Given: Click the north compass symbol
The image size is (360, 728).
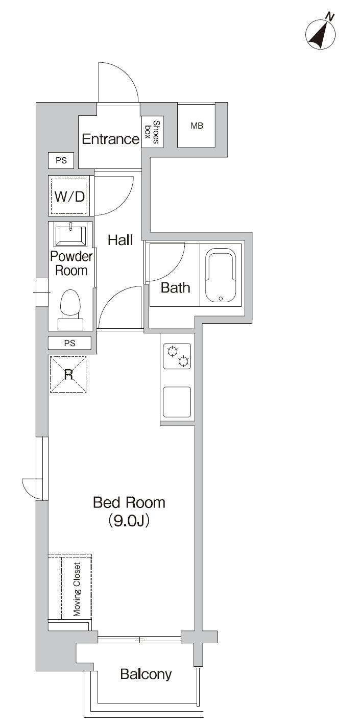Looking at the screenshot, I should point(321,34).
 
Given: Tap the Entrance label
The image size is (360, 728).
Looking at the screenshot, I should point(110,139).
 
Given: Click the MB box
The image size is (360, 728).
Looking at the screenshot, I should point(197,126).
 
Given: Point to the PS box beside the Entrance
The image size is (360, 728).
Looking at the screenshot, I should point(61,160).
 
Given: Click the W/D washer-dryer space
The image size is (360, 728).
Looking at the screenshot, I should point(69,196).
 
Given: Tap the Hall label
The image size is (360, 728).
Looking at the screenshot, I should point(120,240).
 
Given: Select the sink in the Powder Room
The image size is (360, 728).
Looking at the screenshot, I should point(70,235).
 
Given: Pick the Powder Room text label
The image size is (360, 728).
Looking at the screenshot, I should point(71,263).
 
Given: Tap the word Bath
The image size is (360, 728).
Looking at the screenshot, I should point(175,288).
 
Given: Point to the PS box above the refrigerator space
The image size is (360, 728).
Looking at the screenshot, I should point(69,344).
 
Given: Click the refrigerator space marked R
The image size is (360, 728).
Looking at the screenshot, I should point(67,374).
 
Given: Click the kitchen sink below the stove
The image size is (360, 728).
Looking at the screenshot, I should point(177,402).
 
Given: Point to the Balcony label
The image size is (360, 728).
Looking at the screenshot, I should point(146,674).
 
